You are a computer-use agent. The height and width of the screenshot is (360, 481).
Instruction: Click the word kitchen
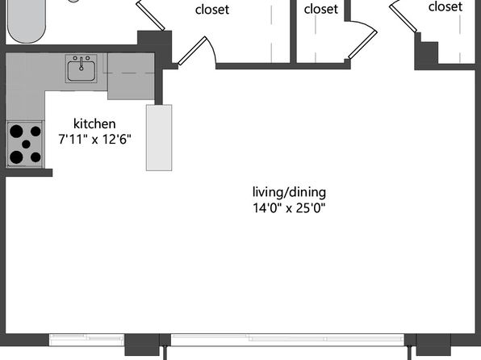[x=94, y=123]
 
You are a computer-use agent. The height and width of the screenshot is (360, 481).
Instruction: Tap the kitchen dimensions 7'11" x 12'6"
[x=94, y=140]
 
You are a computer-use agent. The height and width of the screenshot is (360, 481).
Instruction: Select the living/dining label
[x=289, y=193]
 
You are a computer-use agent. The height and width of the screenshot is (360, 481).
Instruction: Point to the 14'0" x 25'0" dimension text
[x=289, y=208]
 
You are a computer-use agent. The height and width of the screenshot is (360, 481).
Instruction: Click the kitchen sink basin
[x=81, y=71]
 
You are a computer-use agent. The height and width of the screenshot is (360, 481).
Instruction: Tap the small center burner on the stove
[x=27, y=144]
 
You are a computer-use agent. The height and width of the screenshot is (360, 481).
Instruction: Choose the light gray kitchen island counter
[x=159, y=137]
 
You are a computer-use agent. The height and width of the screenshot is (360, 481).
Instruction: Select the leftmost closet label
[x=212, y=10]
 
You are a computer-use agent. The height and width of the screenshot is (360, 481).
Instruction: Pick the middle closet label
[x=321, y=9]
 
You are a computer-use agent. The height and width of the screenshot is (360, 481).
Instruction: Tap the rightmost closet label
[x=445, y=6]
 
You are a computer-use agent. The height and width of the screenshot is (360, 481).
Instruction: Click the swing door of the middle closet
[x=362, y=45]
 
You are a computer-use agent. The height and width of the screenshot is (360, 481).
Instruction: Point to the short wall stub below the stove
[x=29, y=173]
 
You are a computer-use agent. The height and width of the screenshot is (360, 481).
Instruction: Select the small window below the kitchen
[x=87, y=340]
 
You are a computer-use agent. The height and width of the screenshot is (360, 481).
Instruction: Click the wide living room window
[x=287, y=340]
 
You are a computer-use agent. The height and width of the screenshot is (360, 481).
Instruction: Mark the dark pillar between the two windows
[x=142, y=345]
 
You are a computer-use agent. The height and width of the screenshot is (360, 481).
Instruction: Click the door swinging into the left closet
[x=192, y=51]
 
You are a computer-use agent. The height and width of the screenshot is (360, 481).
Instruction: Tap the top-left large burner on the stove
[x=16, y=131]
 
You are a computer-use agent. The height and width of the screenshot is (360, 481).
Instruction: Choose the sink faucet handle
[x=82, y=64]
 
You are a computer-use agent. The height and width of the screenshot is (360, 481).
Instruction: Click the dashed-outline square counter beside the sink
[x=131, y=76]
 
